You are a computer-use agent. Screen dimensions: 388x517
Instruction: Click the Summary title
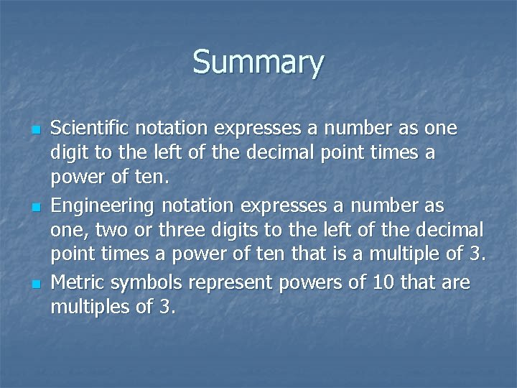pyautogui.click(x=258, y=63)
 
